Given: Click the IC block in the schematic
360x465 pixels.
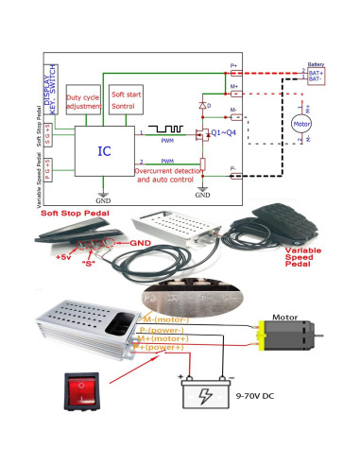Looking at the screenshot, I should coord(104,151).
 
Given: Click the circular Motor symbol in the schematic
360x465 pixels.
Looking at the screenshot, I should coord(301,124).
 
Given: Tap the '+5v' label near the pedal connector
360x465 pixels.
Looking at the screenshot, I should coord(62,256).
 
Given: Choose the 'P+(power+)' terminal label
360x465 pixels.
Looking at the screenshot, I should coord(161,347).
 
